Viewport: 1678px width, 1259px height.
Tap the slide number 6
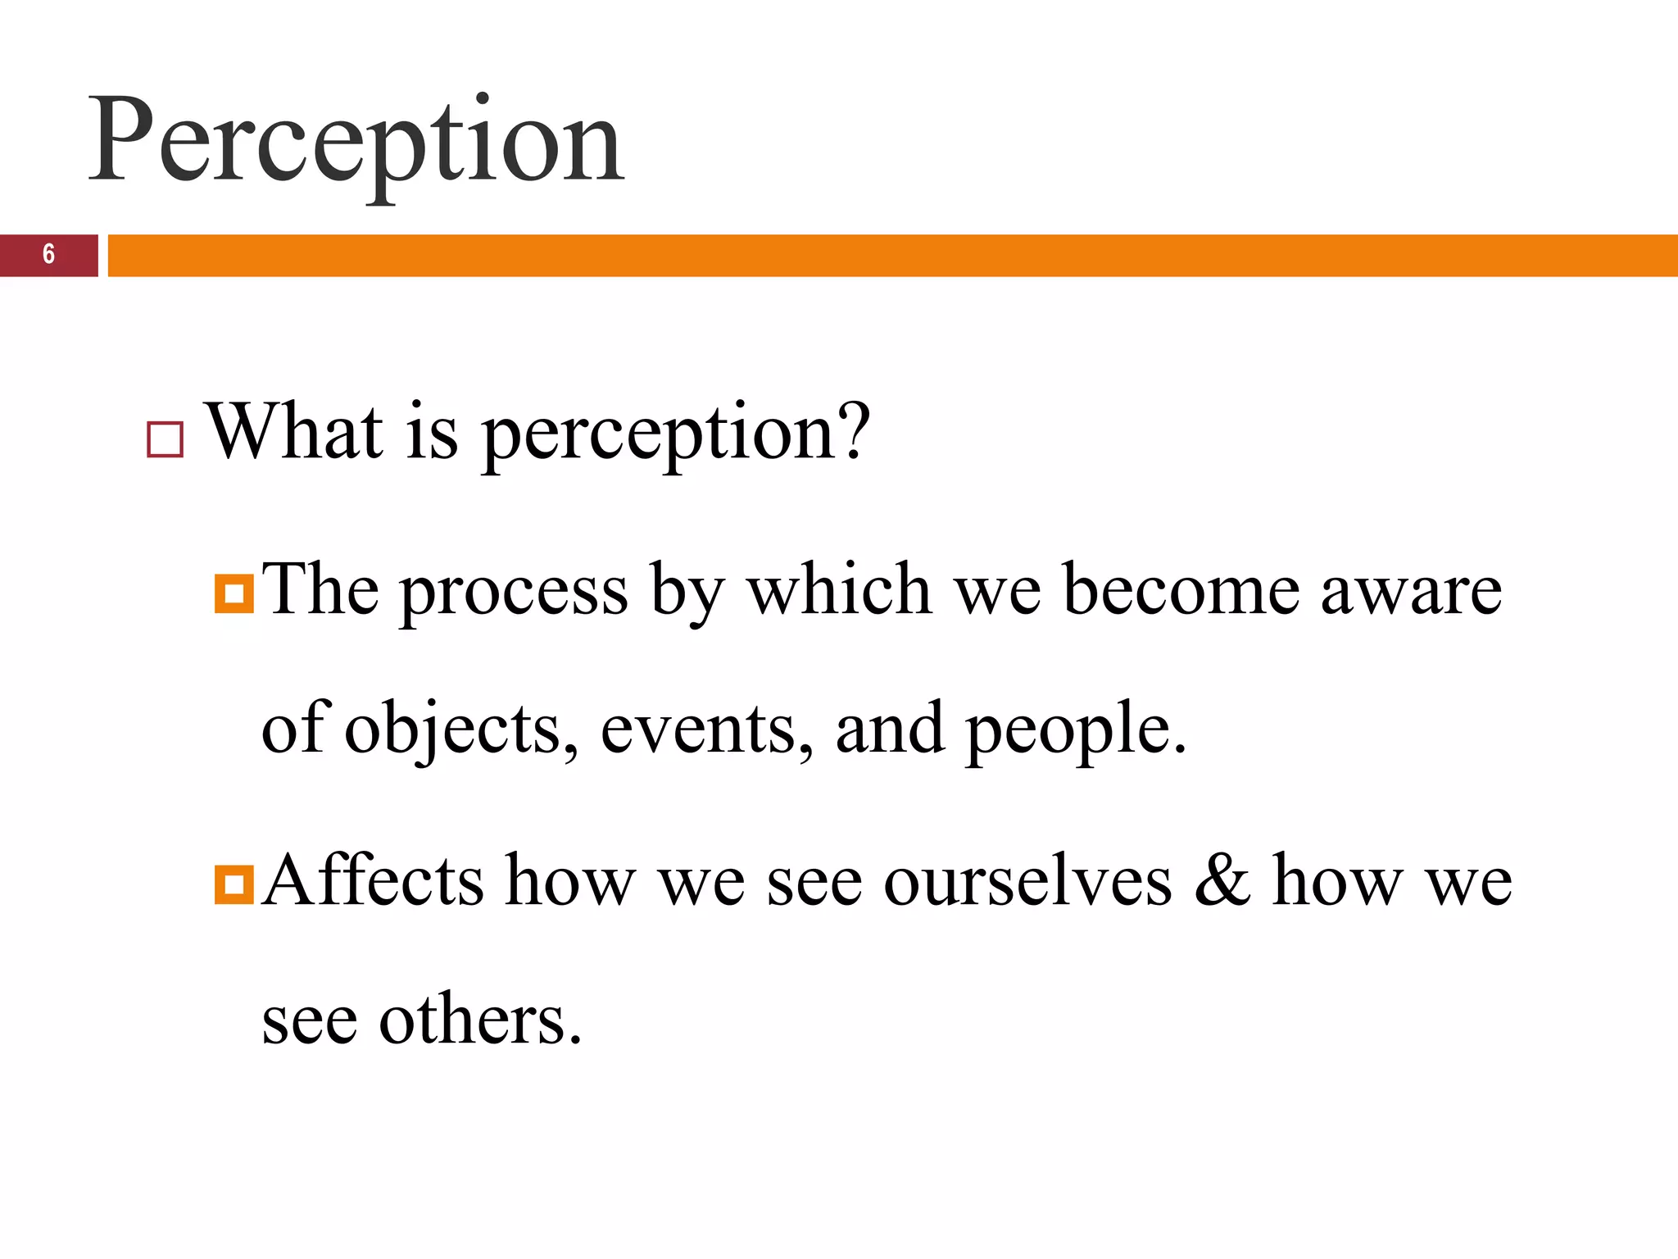point(49,255)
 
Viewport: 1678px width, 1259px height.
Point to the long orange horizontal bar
point(891,255)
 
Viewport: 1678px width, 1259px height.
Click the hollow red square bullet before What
point(165,439)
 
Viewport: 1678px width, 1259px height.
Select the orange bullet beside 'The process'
point(234,593)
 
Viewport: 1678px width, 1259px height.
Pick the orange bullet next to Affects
point(234,885)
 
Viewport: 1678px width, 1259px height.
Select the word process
point(515,592)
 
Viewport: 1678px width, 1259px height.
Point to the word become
point(1181,590)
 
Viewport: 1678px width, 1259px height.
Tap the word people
point(1075,731)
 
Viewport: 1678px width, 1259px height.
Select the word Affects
point(374,880)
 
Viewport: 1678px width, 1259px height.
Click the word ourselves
point(1027,882)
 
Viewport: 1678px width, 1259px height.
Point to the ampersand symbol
point(1222,880)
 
